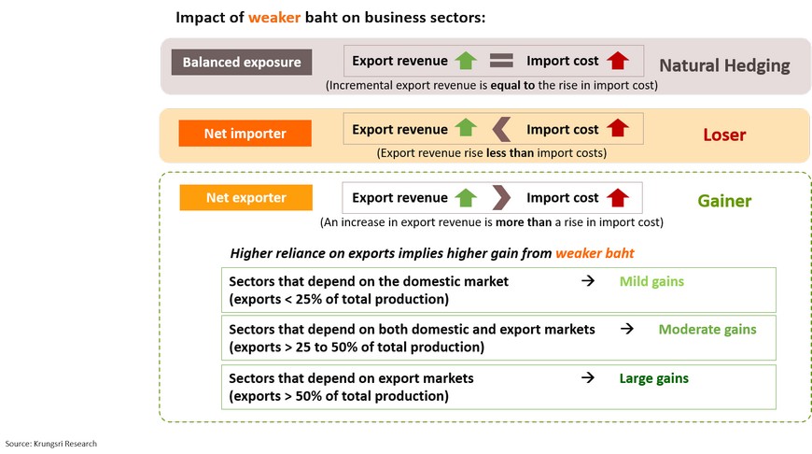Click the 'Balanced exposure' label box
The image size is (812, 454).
242,63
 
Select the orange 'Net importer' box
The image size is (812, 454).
245,133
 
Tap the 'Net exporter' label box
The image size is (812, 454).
245,198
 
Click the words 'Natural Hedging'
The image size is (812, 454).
724,65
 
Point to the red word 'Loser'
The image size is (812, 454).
724,135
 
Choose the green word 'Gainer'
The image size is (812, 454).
724,200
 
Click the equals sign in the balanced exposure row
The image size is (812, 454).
502,62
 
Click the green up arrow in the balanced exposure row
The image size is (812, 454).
466,62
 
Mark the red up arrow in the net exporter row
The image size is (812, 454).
618,198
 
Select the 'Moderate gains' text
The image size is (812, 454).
707,329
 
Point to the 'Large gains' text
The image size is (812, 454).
654,378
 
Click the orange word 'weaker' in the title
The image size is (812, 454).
277,18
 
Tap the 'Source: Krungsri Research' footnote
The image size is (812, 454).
51,444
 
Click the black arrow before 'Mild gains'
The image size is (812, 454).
588,281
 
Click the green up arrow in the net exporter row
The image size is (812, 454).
466,198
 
